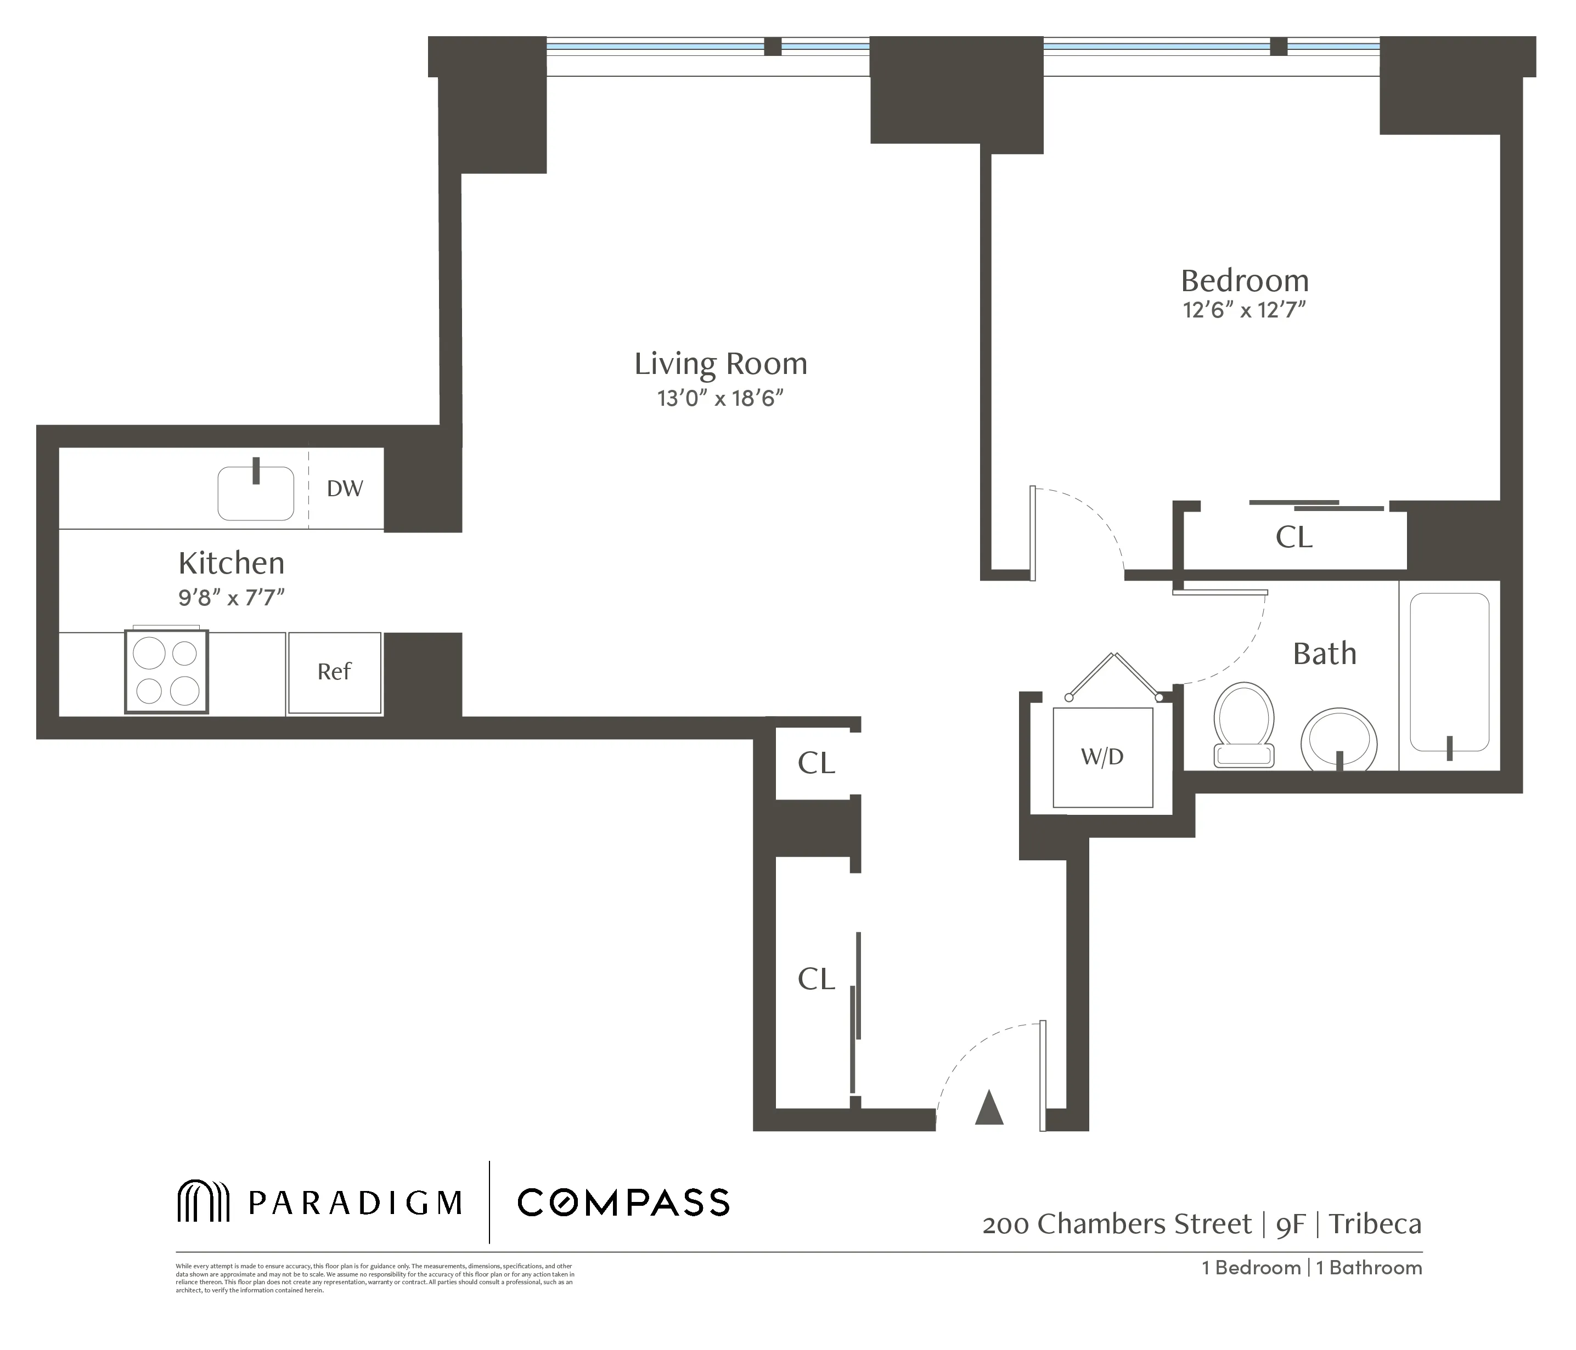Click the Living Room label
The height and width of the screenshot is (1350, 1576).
[x=721, y=364]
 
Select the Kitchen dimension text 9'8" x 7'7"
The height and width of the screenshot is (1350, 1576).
[x=231, y=598]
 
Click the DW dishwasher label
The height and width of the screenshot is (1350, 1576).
[x=345, y=489]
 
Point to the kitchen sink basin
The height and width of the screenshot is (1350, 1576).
[x=256, y=494]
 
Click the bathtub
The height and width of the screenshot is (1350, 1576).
[x=1449, y=672]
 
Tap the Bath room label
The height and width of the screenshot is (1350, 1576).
[x=1324, y=654]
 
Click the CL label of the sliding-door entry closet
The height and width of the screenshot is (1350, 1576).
[x=816, y=979]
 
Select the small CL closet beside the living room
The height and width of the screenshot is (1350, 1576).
[x=816, y=762]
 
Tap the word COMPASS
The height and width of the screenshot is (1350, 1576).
[x=623, y=1202]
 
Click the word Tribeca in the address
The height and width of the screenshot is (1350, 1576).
[x=1375, y=1224]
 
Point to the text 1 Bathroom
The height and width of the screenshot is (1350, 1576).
[x=1369, y=1267]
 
